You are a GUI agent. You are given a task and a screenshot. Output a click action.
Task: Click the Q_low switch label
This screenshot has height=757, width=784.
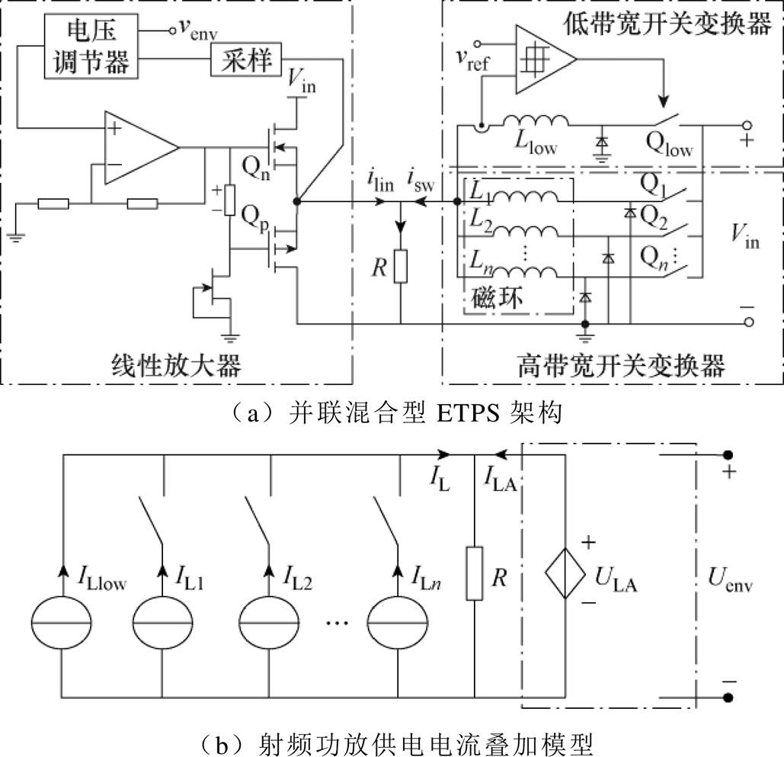click(x=669, y=149)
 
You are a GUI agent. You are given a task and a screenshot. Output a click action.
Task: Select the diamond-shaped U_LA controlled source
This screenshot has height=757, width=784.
click(x=565, y=570)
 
